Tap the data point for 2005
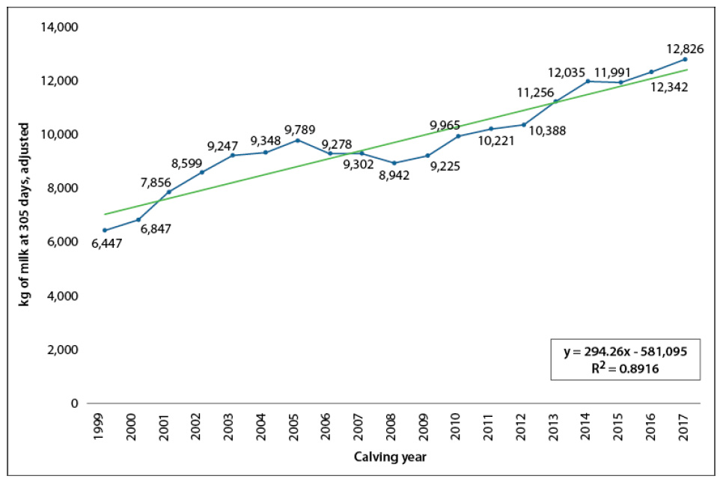click(x=298, y=140)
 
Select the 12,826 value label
click(x=683, y=49)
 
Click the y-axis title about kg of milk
click(x=25, y=214)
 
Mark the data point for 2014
click(x=588, y=81)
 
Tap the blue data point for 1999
click(x=106, y=231)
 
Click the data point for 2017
click(x=684, y=59)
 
